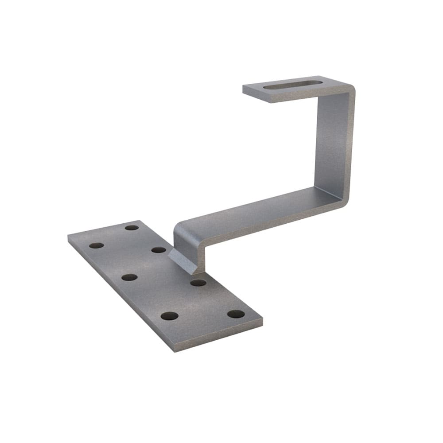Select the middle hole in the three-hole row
point(129,277)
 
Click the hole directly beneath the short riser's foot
point(198,282)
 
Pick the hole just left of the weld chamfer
point(159,250)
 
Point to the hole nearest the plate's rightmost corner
point(236,314)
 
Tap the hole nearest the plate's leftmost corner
point(96,245)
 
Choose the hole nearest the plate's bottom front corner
point(169,316)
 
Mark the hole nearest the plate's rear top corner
point(132,228)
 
